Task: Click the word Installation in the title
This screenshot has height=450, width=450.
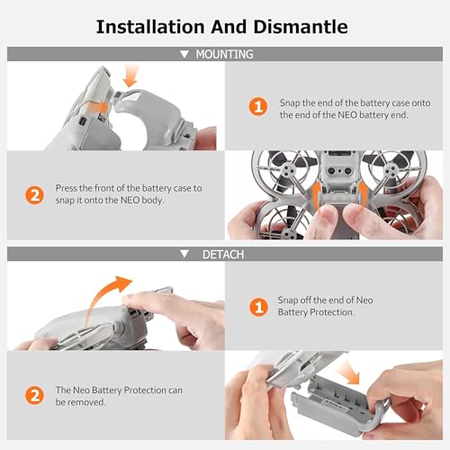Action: click(150, 27)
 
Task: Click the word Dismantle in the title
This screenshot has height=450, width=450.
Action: click(301, 27)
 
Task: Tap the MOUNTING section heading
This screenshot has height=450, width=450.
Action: click(224, 54)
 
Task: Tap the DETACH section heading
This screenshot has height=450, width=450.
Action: click(223, 255)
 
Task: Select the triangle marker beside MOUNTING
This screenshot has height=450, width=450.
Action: click(184, 54)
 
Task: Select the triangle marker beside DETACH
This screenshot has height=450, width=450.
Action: click(184, 254)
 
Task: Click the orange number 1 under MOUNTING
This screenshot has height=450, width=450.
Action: click(258, 106)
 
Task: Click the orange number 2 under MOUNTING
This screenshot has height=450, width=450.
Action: click(34, 195)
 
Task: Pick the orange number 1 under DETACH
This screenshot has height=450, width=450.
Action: click(258, 307)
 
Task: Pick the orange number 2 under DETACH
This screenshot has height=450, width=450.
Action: click(34, 395)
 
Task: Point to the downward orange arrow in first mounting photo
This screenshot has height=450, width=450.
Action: click(131, 76)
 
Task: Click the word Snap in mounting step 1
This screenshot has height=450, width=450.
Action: click(290, 103)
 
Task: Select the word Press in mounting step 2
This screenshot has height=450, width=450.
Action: click(67, 188)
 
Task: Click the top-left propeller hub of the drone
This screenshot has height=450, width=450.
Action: click(287, 169)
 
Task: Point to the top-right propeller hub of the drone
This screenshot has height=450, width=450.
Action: click(391, 170)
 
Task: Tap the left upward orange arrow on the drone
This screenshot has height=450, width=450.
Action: click(316, 195)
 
